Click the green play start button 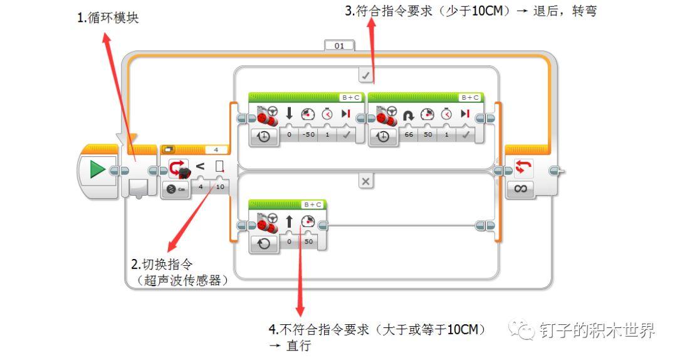point(97,170)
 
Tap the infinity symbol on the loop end point(520,188)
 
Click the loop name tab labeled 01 point(339,46)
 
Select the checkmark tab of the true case point(366,76)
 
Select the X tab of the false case point(366,181)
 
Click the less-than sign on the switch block point(200,167)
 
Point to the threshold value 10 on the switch point(220,187)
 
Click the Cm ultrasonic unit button point(176,189)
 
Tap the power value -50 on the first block point(307,135)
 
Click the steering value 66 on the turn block point(408,135)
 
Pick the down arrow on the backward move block point(290,114)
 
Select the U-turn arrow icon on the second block point(409,114)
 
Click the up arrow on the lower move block point(290,221)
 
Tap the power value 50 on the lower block point(308,241)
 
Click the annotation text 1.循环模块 point(108,18)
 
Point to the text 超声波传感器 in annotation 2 point(182,281)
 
